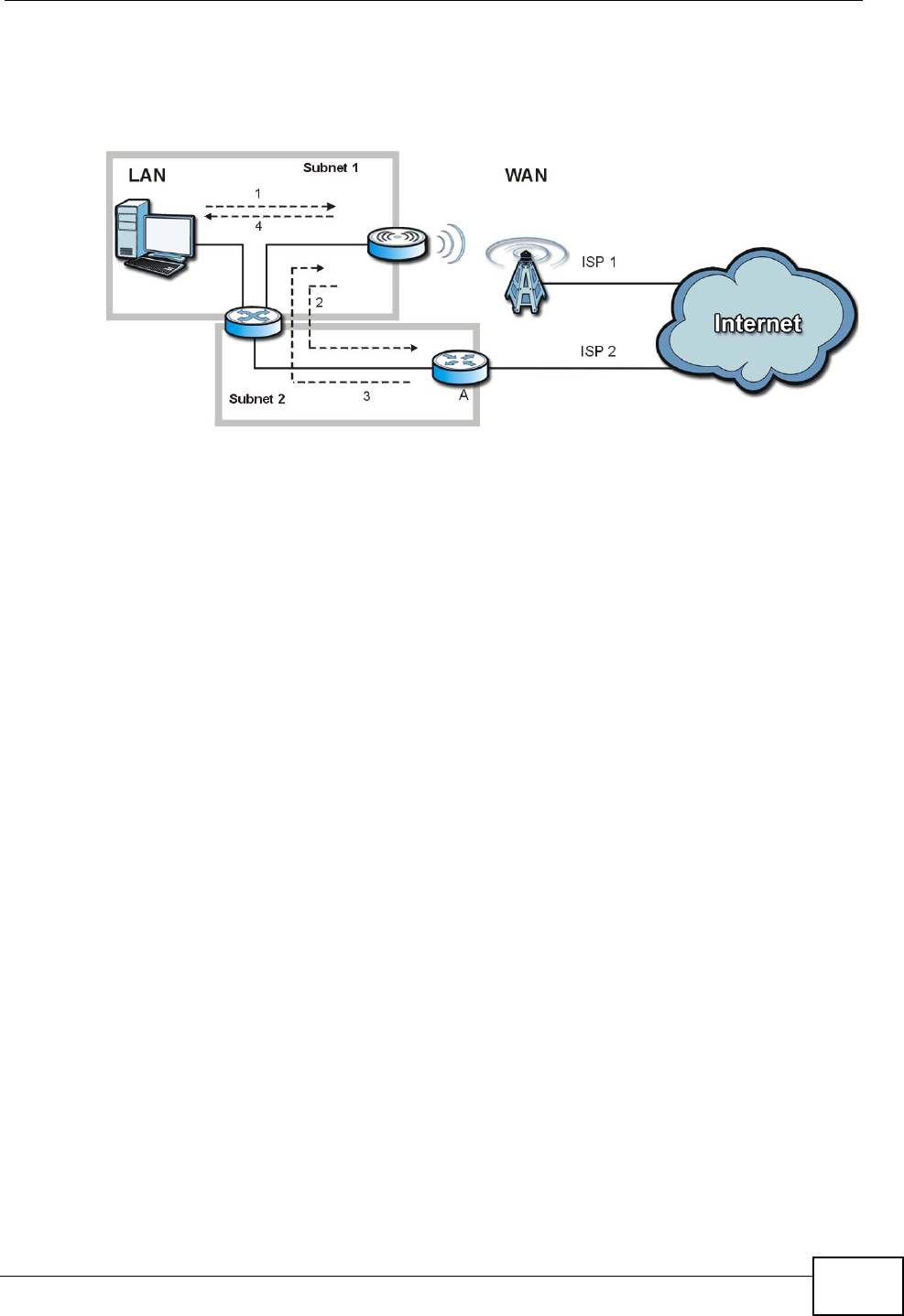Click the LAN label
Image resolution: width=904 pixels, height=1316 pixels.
[147, 176]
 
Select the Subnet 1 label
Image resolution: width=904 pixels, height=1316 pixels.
[331, 168]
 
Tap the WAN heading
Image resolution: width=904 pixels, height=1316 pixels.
[526, 176]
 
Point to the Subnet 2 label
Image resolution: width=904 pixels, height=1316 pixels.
[256, 399]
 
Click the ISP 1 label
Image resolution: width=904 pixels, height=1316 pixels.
[598, 263]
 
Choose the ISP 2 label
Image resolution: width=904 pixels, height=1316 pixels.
[597, 351]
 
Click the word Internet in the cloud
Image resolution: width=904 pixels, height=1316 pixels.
[757, 324]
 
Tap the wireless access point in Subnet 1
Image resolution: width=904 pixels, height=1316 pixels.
[398, 243]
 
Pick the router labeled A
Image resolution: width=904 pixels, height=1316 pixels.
[461, 366]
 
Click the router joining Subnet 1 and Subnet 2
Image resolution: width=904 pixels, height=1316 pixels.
[254, 322]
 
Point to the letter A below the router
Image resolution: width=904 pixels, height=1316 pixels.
[463, 395]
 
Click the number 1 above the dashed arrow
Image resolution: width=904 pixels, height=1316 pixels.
[258, 194]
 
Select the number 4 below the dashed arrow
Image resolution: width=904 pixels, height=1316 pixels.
[258, 226]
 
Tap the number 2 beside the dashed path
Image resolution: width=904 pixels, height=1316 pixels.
[320, 303]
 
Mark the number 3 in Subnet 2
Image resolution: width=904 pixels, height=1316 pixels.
[366, 396]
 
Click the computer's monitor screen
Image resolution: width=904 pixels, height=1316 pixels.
[169, 236]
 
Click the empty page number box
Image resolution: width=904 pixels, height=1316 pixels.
[856, 1286]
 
